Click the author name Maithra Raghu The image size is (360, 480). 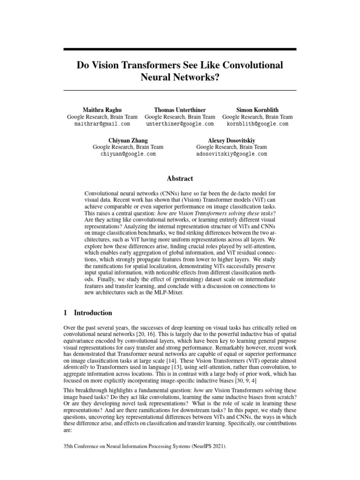(x=102, y=110)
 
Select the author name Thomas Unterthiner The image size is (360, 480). (x=180, y=110)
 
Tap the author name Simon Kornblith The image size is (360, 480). (x=257, y=110)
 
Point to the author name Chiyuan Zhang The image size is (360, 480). (x=128, y=140)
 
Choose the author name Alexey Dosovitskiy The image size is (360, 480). (x=232, y=140)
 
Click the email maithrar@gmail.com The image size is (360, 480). (x=102, y=124)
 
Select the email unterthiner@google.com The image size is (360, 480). (x=180, y=124)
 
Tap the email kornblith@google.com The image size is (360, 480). (x=257, y=124)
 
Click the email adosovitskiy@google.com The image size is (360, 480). (x=232, y=154)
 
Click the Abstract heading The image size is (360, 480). (x=180, y=179)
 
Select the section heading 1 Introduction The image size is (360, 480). (x=88, y=313)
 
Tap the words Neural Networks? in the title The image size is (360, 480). (x=180, y=76)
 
